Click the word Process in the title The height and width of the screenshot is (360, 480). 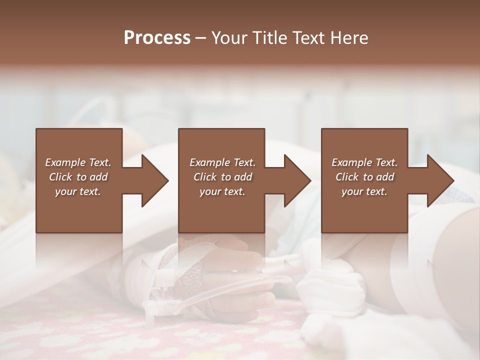click(157, 38)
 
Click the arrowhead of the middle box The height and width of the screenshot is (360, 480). click(297, 180)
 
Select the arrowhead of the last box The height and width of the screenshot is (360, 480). click(440, 180)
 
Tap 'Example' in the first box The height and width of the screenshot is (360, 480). click(66, 162)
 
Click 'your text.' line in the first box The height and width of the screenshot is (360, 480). click(78, 191)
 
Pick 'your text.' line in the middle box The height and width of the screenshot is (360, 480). click(222, 191)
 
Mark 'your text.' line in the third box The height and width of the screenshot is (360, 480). click(364, 191)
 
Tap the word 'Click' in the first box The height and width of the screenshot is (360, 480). click(60, 177)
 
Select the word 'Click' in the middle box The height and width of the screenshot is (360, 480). click(205, 177)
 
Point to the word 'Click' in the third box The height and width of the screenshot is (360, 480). click(347, 177)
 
